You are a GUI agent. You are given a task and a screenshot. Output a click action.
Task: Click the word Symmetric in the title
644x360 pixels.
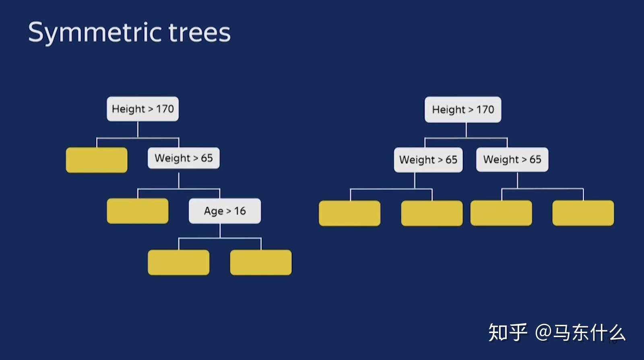pos(95,33)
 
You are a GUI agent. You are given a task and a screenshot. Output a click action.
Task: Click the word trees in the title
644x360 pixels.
pos(200,32)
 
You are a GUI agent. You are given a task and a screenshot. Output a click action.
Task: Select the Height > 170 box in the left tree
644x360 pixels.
pos(142,109)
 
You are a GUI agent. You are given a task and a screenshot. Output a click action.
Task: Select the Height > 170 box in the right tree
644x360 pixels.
pos(463,109)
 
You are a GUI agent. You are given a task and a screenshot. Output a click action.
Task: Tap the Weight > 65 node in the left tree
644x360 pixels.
pos(184,158)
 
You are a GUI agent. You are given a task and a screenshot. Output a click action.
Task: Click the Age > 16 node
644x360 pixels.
pos(225,211)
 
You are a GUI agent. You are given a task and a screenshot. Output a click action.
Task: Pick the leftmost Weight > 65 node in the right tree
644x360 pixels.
pos(428,160)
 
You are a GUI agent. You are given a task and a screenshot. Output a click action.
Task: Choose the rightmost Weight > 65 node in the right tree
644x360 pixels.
pos(512,159)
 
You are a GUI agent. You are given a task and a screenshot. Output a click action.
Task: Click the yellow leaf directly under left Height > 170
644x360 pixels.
pos(97,160)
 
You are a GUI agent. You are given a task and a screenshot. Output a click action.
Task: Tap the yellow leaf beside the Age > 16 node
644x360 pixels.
pos(138,211)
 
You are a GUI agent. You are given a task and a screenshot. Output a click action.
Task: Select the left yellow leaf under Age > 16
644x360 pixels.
pos(179,262)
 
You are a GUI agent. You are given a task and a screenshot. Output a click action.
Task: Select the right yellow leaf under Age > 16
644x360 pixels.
pos(261,262)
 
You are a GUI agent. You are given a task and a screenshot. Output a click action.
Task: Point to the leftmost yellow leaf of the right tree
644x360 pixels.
pos(350,213)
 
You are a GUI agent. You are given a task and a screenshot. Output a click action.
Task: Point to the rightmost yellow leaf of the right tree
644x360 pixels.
pos(583,213)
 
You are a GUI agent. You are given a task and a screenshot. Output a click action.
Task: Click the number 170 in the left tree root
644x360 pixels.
pos(165,109)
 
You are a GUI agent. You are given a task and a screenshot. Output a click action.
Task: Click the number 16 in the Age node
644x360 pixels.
pos(240,211)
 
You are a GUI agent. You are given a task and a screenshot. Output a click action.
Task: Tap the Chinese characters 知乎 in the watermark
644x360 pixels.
pos(508,332)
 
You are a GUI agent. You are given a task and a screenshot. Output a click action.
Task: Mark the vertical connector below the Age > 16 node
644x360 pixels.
pos(220,231)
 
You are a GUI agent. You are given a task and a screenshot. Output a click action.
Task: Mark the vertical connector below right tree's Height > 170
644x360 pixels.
pos(466,130)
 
